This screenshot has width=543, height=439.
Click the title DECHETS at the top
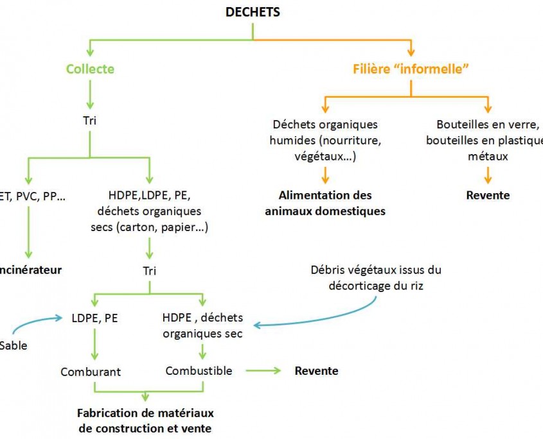click(253, 12)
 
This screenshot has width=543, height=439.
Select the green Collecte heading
click(90, 68)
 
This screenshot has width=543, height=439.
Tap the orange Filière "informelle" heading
click(410, 68)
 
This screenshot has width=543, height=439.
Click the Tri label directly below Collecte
click(90, 120)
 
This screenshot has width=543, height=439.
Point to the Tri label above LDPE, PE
click(149, 270)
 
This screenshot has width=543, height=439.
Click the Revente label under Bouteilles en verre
click(488, 195)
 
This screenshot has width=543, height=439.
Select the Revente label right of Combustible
click(316, 370)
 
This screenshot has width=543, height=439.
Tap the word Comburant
click(91, 372)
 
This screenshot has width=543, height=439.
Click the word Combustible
click(199, 370)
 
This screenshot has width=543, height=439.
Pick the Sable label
click(13, 345)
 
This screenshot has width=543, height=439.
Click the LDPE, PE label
click(95, 317)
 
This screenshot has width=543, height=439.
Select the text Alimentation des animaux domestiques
click(325, 203)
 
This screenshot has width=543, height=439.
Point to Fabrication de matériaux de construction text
click(145, 420)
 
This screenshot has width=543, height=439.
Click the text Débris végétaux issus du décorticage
click(376, 277)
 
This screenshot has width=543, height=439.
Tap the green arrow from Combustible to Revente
click(263, 370)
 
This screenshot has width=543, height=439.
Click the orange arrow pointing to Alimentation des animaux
click(326, 175)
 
